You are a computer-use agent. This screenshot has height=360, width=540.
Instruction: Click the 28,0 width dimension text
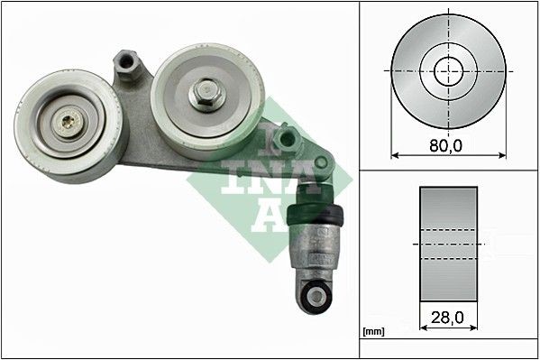tap(448, 317)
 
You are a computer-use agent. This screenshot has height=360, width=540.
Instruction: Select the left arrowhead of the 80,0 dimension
tap(394, 154)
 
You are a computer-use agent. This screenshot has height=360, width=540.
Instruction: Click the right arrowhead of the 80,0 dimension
tap(502, 154)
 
